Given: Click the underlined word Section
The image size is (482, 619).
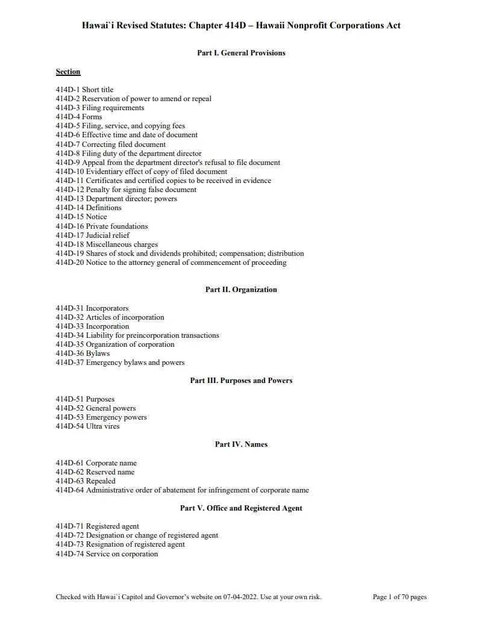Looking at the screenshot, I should (68, 72).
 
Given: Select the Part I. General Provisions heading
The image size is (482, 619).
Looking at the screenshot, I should (241, 53).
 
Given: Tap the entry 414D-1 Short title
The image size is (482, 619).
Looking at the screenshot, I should (84, 90).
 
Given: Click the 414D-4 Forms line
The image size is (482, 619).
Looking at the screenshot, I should (79, 117).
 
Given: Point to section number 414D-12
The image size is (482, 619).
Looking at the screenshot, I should (69, 190).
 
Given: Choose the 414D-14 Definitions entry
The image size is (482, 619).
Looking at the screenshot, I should (89, 208).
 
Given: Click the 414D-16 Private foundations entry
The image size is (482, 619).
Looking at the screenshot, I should (101, 226).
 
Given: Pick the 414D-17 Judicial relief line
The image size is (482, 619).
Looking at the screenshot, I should (92, 235).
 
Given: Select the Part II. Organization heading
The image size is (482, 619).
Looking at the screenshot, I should (241, 290).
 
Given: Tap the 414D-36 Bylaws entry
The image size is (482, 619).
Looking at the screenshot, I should (83, 353).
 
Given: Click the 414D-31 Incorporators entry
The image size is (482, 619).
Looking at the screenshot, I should (92, 308).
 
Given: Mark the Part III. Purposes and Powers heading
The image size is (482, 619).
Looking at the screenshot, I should (241, 381).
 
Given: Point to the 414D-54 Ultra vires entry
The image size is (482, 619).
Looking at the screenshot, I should (87, 426).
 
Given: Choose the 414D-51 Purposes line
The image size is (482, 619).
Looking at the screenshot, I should (85, 399).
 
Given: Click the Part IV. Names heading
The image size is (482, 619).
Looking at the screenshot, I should (241, 444).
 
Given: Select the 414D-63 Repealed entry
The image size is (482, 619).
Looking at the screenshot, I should (86, 481).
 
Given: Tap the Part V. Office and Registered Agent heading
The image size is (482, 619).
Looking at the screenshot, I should (241, 508).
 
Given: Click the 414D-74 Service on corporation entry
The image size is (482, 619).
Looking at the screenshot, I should (107, 554).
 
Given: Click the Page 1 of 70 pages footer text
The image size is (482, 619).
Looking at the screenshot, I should (399, 597).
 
